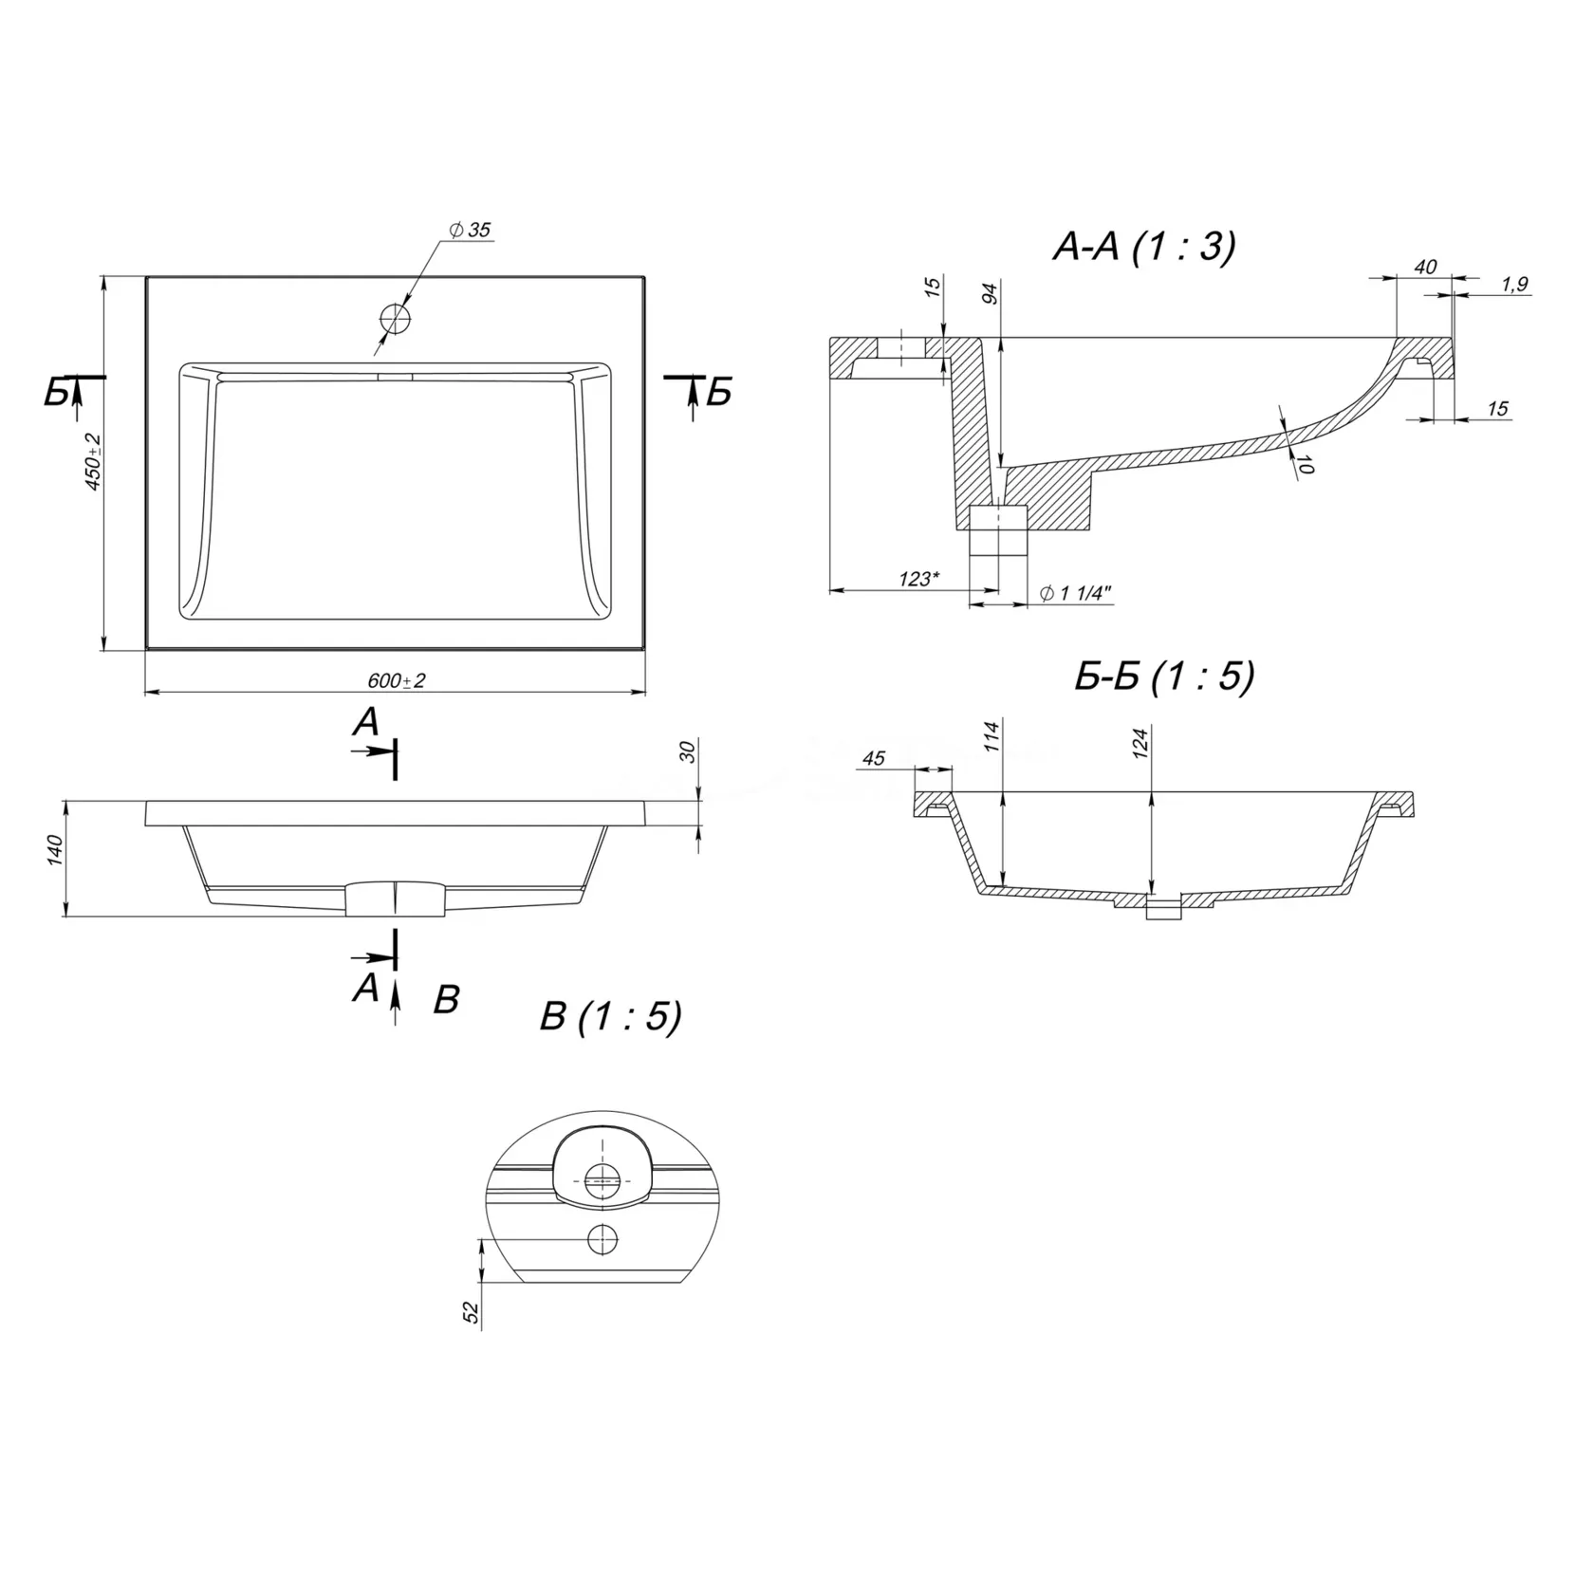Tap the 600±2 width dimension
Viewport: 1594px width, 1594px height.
click(397, 681)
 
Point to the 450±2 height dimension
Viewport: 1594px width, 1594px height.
click(92, 462)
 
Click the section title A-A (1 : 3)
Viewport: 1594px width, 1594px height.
click(1144, 247)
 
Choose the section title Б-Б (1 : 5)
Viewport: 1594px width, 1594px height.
click(1164, 677)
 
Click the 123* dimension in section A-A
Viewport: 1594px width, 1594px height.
click(917, 579)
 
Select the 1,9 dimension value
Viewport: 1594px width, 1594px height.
click(1515, 284)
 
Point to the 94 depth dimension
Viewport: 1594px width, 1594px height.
click(991, 293)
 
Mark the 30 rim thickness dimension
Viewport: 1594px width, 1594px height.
click(689, 751)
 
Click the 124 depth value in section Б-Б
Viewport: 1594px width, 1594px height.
click(1140, 740)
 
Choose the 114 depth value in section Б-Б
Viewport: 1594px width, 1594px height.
click(991, 736)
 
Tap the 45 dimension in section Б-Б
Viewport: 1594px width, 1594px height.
click(873, 758)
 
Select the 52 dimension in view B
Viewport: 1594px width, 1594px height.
click(471, 1311)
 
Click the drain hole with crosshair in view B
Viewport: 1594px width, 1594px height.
click(601, 1180)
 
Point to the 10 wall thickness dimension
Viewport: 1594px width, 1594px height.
click(1306, 465)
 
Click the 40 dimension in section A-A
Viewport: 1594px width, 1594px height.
click(1425, 268)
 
